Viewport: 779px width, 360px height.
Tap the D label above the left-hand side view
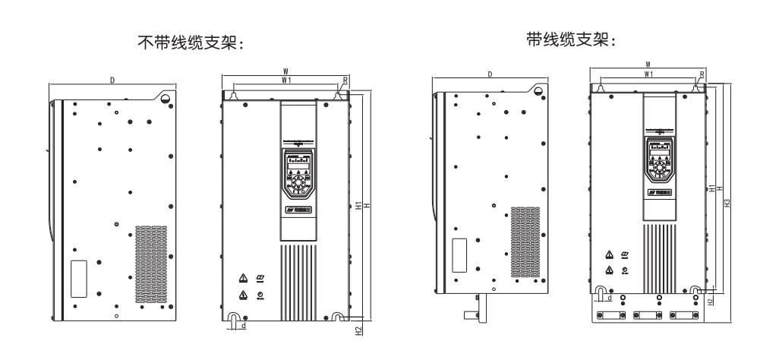tap(112, 80)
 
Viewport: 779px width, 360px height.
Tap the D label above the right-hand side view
tap(490, 74)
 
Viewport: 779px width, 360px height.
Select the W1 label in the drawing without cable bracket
tap(285, 80)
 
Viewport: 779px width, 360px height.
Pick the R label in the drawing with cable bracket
tap(702, 74)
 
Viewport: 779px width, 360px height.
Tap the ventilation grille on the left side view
tap(150, 262)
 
